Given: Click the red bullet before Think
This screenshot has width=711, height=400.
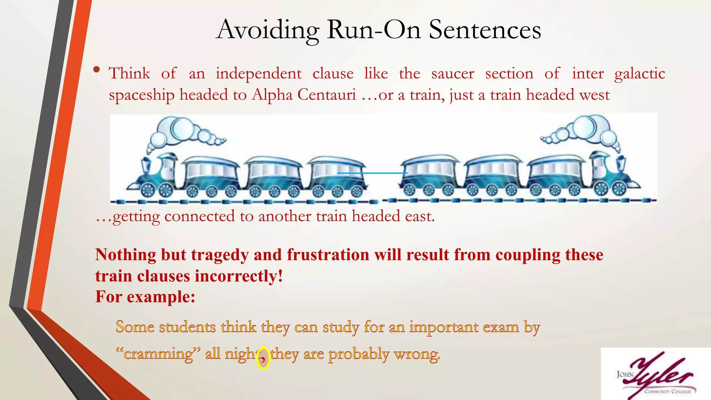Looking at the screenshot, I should pyautogui.click(x=97, y=70).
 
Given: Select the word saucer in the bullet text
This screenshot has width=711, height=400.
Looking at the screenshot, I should pyautogui.click(x=452, y=74).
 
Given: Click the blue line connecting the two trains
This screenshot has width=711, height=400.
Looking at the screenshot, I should pyautogui.click(x=372, y=173).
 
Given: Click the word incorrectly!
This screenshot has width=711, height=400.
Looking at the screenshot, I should pyautogui.click(x=239, y=276).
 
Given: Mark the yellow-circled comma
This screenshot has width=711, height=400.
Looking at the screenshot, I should pyautogui.click(x=263, y=358).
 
